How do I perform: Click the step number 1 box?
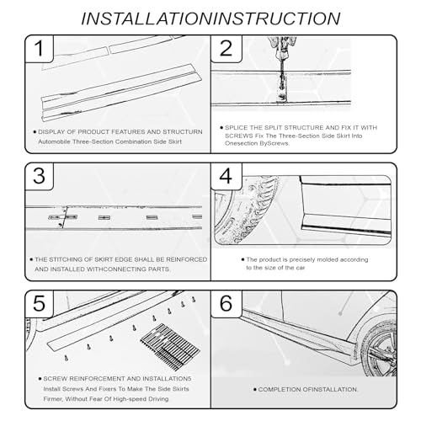point(40,49)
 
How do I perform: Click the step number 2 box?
point(226,49)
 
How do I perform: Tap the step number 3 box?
point(40,176)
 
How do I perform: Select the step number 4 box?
point(226,176)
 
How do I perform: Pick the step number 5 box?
point(40,304)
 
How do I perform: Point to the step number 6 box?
point(226,304)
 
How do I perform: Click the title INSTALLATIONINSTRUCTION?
point(210,19)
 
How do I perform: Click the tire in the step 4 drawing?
point(245,210)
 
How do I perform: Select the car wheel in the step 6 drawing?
point(380,348)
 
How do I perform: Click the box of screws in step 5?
point(170,347)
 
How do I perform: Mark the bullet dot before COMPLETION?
point(255,390)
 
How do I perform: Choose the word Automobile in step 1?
point(54,141)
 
